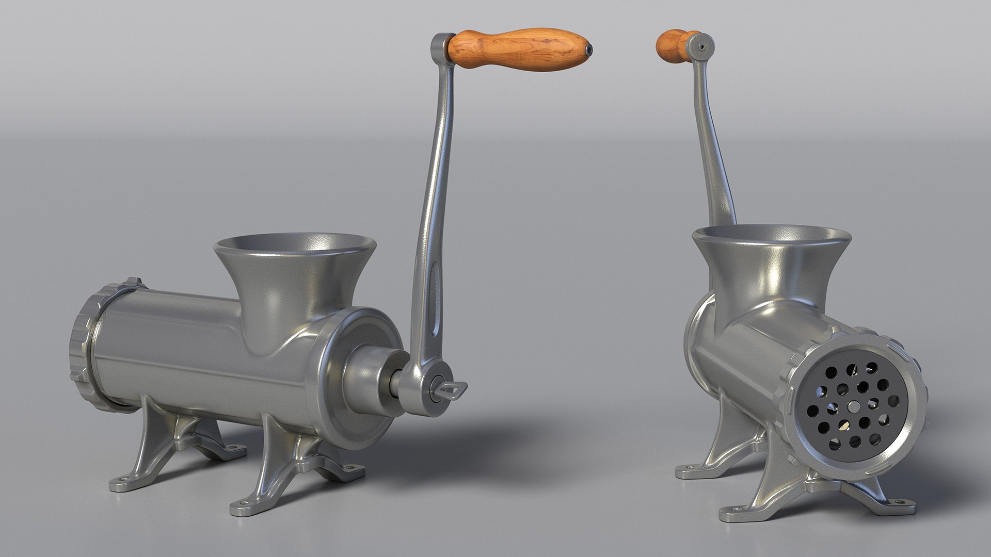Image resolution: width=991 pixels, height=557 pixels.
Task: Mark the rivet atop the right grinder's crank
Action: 701,45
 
